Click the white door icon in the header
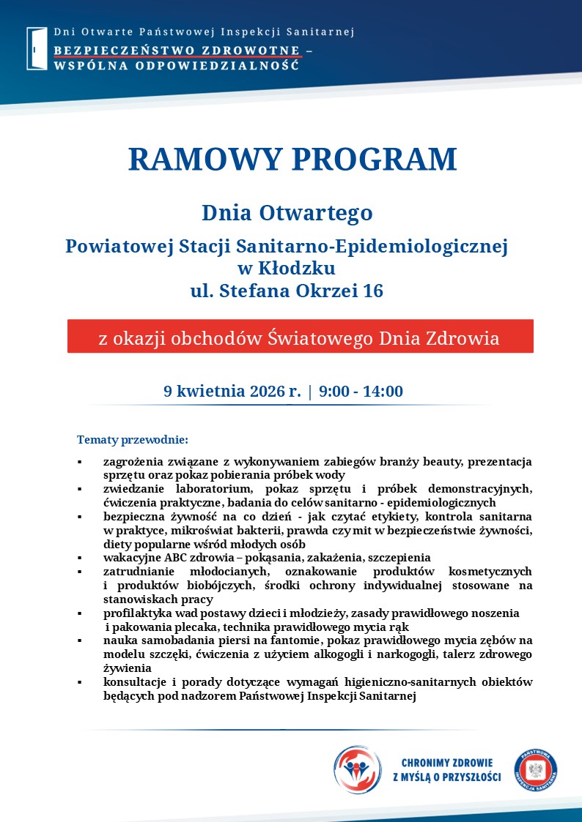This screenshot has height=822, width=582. coord(37,48)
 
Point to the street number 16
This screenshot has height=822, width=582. coord(372,291)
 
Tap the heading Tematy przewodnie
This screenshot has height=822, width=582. coord(133,440)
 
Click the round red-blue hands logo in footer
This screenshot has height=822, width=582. coord(357,770)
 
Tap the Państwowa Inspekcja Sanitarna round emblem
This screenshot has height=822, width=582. coord(535,771)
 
